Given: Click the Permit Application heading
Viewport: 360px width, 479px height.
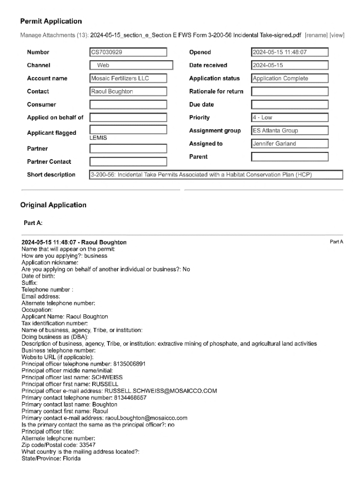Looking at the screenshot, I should [x=51, y=22].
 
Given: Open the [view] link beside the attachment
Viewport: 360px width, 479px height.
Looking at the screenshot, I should [x=337, y=35].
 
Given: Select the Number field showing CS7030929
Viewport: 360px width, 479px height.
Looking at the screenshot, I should [x=128, y=52].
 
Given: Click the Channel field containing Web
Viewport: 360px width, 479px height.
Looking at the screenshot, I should [x=131, y=65].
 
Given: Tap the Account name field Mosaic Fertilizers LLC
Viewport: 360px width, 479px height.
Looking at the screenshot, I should [x=128, y=79].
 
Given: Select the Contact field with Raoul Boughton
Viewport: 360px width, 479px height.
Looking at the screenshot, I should [x=128, y=92].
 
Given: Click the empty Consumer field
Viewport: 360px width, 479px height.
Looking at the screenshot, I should [x=128, y=105].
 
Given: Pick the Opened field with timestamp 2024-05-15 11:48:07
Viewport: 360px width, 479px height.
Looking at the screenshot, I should [x=289, y=52].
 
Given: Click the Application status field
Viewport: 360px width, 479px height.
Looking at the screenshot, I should [x=289, y=79].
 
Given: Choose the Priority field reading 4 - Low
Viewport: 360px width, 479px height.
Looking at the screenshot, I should [x=289, y=118].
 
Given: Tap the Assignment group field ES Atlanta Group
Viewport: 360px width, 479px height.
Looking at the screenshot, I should [x=289, y=131].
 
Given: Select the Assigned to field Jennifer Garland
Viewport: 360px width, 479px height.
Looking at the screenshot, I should [x=289, y=144].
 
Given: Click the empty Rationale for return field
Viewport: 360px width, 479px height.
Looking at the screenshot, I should [x=289, y=92].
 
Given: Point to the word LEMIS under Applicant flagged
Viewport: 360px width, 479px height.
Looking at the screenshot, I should [x=98, y=138].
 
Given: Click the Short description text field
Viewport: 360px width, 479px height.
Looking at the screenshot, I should [x=216, y=175].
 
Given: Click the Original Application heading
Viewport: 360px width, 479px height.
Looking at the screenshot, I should [x=53, y=205].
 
